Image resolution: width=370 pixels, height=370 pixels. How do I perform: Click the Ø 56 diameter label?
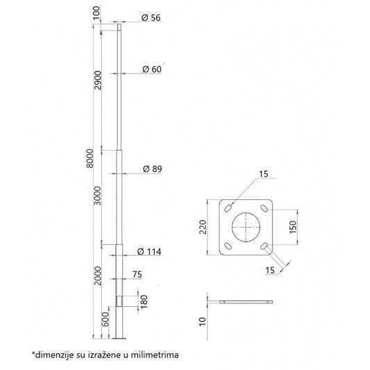[x=151, y=18]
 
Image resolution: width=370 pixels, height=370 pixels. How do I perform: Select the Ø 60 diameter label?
[x=151, y=69]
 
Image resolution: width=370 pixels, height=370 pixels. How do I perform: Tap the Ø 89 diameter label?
[x=151, y=169]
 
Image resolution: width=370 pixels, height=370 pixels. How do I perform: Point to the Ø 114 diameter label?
[x=149, y=251]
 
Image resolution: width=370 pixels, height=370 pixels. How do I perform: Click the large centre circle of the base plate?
[x=246, y=227]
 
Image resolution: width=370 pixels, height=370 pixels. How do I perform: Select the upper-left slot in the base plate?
[x=228, y=207]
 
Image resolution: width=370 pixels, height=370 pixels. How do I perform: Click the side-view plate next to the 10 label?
[x=246, y=303]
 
